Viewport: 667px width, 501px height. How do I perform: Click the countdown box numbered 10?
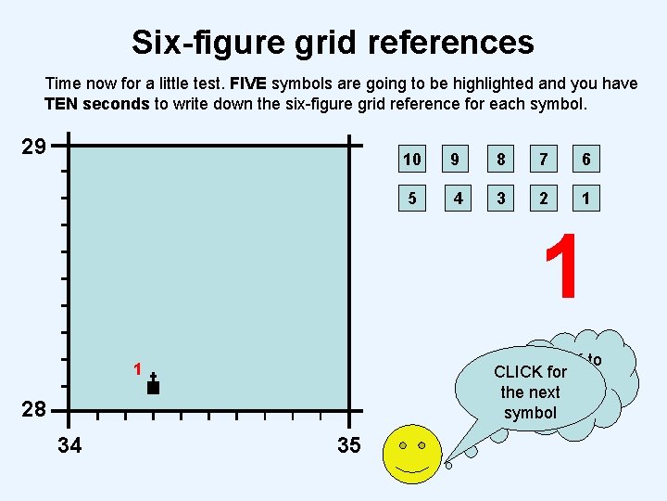coord(411,160)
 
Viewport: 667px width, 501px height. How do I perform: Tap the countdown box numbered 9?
coord(455,160)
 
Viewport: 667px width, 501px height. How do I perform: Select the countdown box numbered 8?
coord(500,160)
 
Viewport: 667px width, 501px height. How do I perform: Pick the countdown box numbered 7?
coord(544,160)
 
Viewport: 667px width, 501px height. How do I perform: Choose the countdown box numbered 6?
coord(586,160)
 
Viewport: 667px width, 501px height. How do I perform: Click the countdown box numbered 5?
coord(411,199)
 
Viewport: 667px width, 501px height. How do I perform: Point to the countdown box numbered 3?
coord(500,199)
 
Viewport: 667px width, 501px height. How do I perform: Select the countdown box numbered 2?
coord(544,199)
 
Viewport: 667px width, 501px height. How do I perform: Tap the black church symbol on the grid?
coord(154,384)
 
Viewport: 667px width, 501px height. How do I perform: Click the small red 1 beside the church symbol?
coord(136,369)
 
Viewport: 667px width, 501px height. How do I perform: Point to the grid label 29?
coord(33,147)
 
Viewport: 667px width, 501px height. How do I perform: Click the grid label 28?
coord(33,410)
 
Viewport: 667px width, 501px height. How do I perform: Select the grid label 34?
coord(69,446)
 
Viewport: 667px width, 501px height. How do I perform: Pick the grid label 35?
coord(348,446)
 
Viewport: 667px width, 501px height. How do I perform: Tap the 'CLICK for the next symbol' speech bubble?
coord(530,392)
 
